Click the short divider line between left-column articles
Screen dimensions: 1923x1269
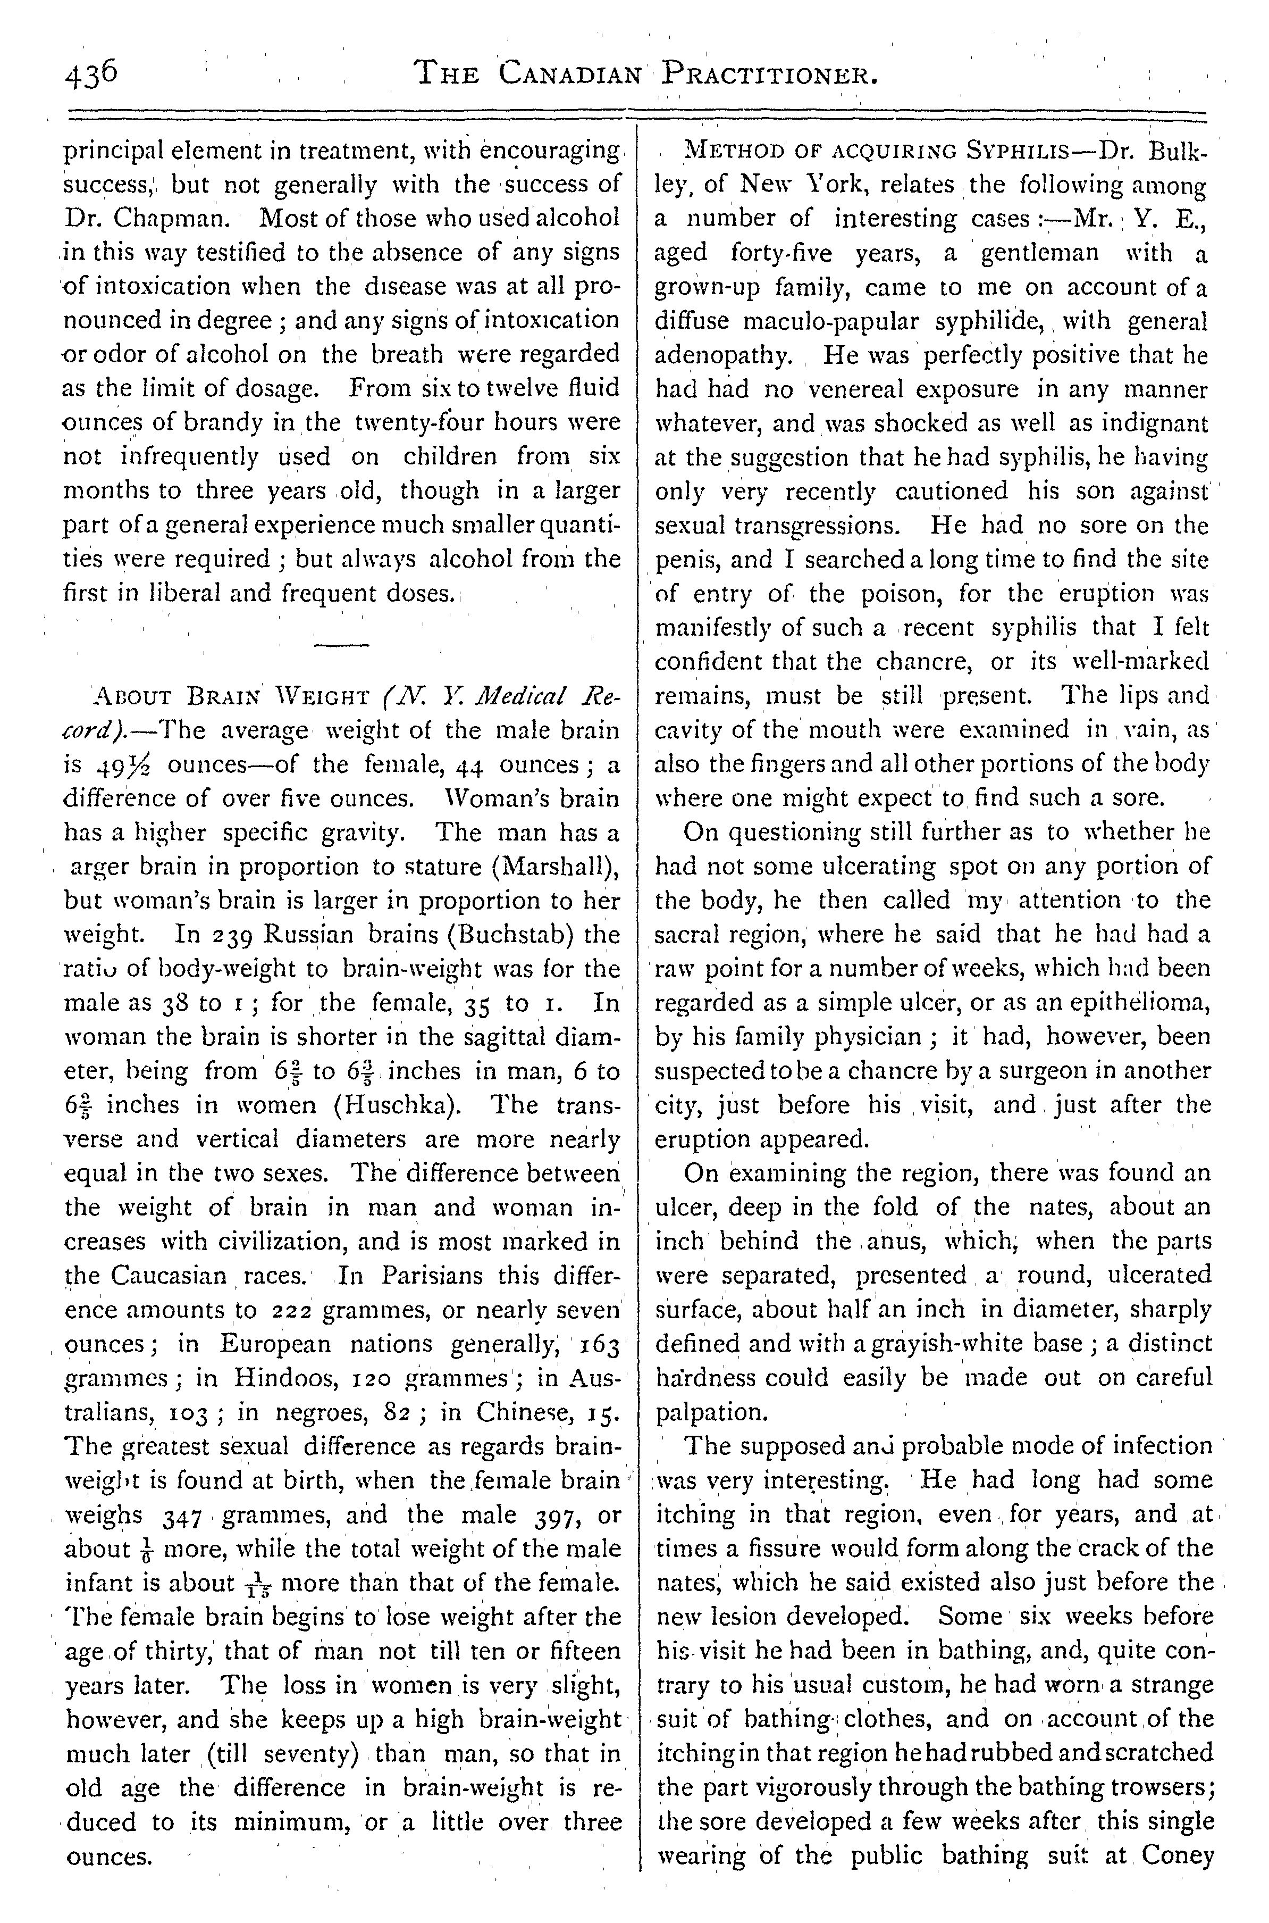click(341, 645)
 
